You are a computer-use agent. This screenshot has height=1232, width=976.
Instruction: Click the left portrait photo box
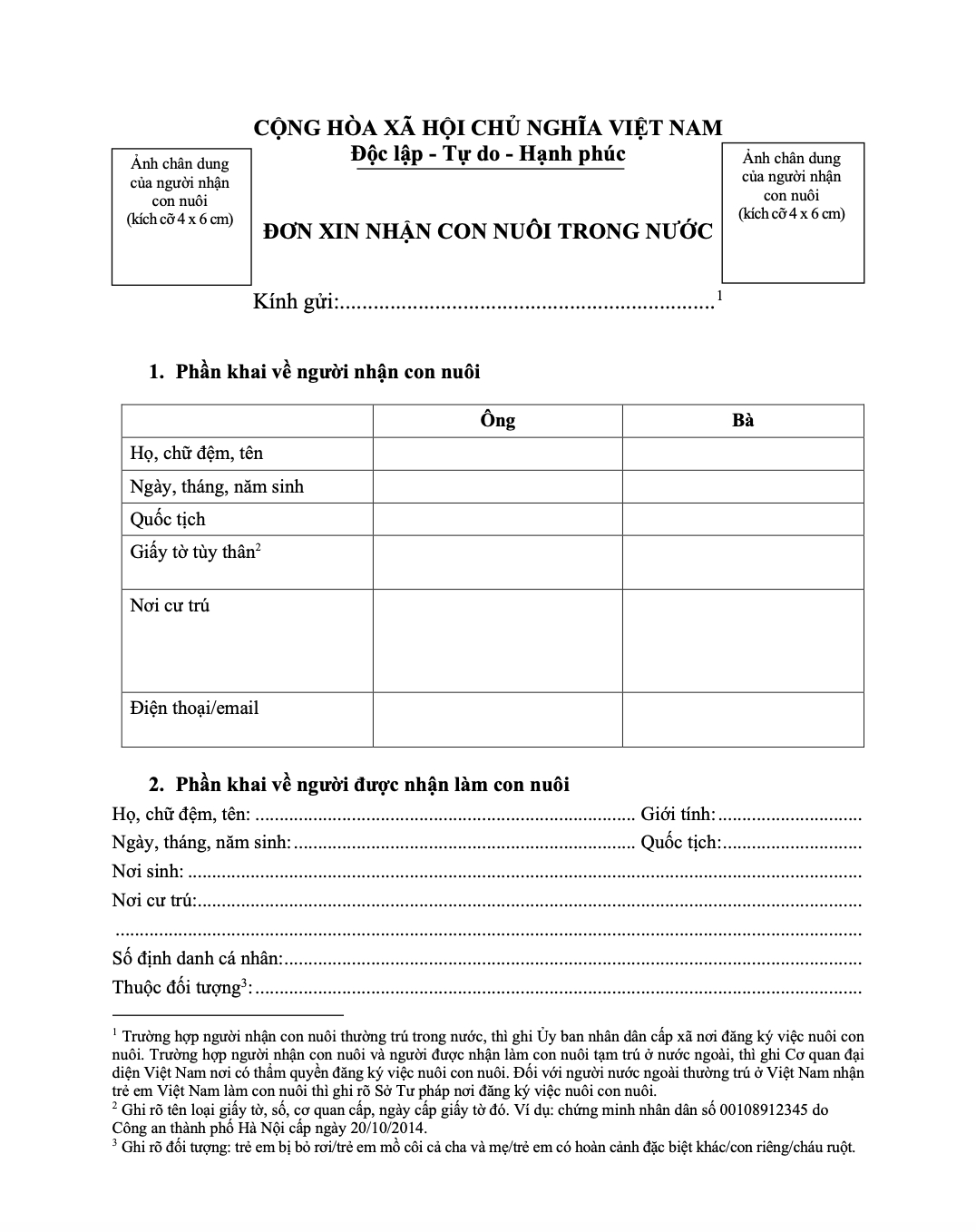[x=181, y=217]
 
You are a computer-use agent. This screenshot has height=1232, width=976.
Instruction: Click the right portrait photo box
[x=793, y=212]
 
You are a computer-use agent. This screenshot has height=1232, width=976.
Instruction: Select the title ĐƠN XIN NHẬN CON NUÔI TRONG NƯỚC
[x=487, y=231]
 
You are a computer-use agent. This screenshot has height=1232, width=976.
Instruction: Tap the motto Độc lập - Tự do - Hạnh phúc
[x=489, y=154]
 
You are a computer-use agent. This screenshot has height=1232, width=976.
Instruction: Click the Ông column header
[x=497, y=420]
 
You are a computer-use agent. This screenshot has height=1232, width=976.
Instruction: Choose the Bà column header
[x=743, y=420]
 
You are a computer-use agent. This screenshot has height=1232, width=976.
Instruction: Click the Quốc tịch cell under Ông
[x=497, y=519]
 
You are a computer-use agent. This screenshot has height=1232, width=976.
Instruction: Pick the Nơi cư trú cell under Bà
[x=743, y=640]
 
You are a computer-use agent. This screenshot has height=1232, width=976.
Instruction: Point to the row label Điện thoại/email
[x=194, y=708]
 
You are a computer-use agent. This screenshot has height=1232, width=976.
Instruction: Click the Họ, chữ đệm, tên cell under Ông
[x=497, y=454]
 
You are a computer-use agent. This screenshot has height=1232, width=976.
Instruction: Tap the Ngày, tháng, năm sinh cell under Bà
[x=743, y=486]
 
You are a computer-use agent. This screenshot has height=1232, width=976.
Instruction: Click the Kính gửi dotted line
[x=526, y=303]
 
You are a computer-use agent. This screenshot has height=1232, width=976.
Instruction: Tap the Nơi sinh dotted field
[x=523, y=874]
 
